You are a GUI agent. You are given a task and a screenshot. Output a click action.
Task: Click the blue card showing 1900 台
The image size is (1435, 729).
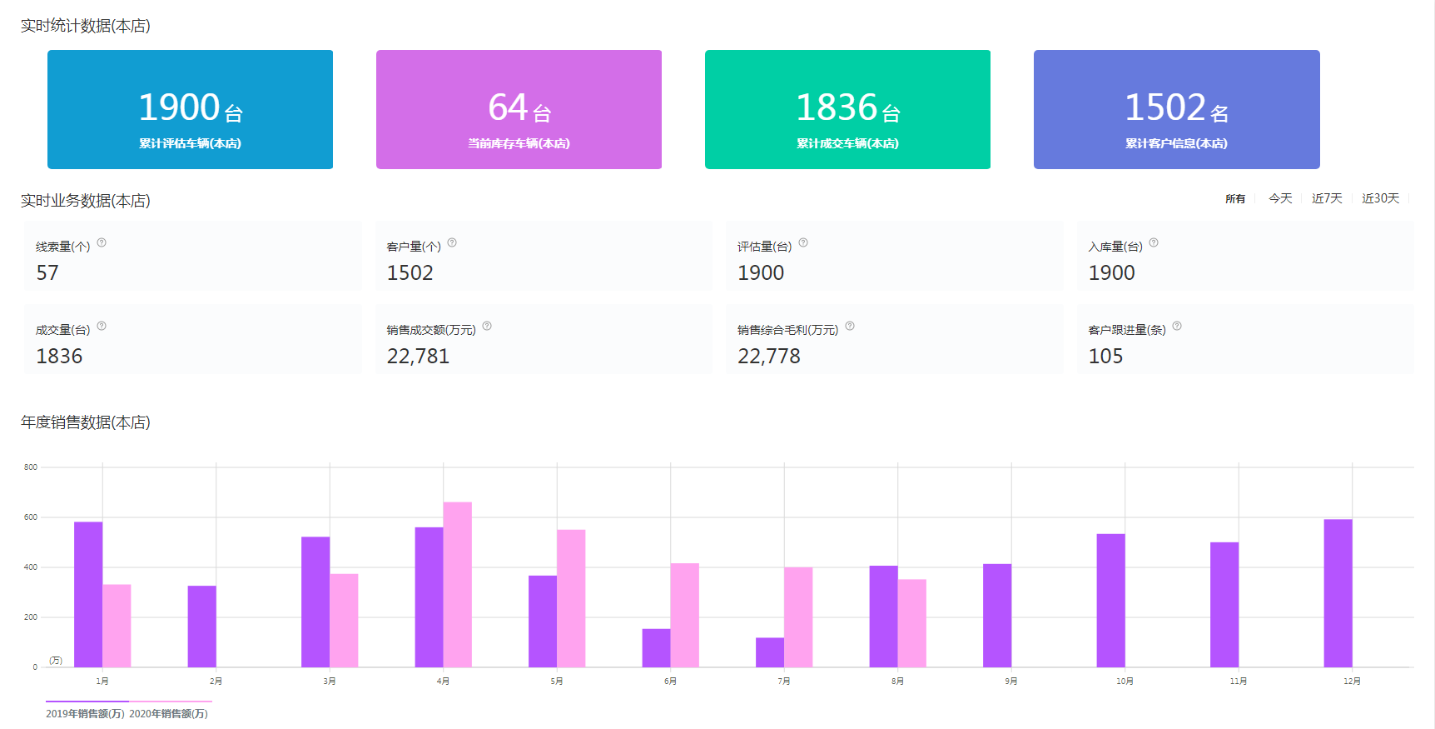click(190, 109)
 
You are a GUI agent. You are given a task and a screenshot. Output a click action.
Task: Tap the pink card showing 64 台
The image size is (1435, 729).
click(519, 109)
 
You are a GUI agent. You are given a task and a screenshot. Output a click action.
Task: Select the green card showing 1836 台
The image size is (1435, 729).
click(847, 109)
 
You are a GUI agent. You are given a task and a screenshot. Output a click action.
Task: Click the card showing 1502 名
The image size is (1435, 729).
click(1176, 109)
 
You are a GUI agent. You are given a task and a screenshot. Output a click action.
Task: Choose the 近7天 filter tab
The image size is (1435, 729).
click(1327, 198)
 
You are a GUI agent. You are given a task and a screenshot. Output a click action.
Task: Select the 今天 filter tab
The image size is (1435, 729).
click(1280, 198)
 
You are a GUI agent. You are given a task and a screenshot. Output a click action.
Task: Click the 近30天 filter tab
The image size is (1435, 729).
click(1380, 198)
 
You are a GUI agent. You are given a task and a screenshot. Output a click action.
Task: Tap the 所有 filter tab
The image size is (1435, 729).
click(1235, 199)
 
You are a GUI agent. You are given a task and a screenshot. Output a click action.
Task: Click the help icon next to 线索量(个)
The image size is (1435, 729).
click(102, 242)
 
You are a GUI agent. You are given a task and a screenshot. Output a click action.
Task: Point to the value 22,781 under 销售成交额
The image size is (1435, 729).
click(418, 357)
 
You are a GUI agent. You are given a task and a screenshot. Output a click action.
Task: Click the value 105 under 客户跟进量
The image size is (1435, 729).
click(1105, 357)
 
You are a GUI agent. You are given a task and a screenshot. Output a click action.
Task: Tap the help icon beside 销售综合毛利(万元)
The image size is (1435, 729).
click(850, 326)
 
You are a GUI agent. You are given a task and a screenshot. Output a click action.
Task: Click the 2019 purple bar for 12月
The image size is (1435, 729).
click(1338, 592)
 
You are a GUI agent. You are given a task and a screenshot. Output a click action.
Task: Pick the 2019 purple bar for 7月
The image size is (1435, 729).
click(769, 652)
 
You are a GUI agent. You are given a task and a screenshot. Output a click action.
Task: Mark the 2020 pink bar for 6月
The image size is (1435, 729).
click(684, 615)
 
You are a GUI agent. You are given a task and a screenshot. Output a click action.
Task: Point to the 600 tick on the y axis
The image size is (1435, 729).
click(31, 517)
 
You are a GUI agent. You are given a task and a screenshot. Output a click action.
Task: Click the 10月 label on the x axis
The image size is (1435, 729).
click(1125, 682)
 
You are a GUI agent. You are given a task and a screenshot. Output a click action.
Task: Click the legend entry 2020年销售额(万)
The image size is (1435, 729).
click(169, 713)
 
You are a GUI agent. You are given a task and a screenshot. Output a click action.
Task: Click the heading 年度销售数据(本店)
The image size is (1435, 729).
click(86, 422)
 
